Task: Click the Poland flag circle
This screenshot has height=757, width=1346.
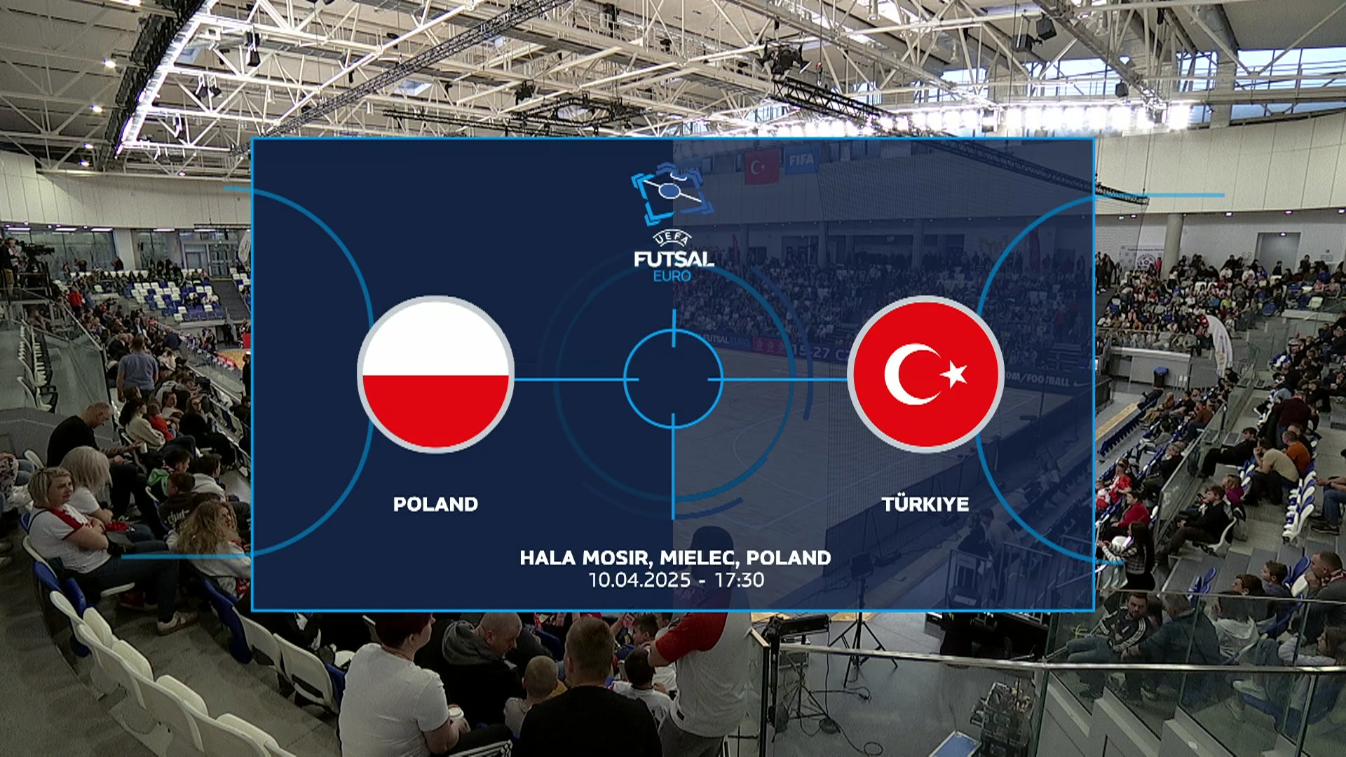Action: [x=435, y=374]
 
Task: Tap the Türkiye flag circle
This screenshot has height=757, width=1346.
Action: [x=925, y=374]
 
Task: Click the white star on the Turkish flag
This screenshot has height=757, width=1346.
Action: [x=954, y=374]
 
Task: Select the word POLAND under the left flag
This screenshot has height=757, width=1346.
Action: [x=435, y=504]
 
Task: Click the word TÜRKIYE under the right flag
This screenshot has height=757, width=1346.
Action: [x=925, y=503]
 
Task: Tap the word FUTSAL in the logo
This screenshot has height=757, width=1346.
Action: [x=674, y=259]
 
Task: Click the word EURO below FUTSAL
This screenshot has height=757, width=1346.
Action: [x=672, y=276]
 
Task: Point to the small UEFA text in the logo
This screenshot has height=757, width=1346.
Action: [x=672, y=238]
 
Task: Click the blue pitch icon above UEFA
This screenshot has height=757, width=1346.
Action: [x=672, y=193]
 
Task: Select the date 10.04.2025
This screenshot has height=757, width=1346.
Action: [x=639, y=580]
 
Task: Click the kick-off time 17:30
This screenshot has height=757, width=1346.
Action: [x=740, y=580]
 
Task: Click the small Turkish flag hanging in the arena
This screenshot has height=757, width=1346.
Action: [x=761, y=167]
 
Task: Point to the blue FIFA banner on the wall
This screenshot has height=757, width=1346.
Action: [x=801, y=161]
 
